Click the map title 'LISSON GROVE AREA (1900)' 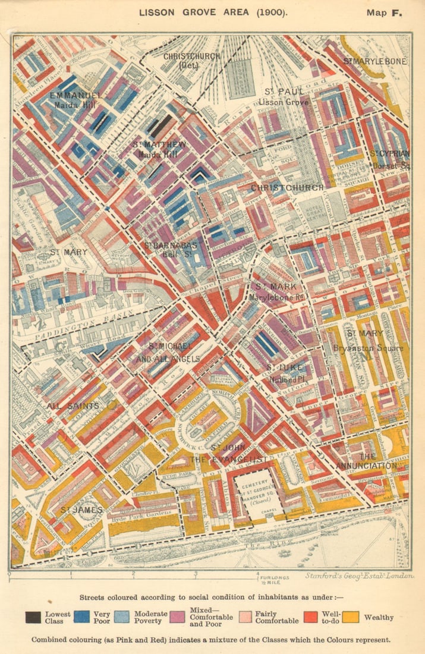point(212,12)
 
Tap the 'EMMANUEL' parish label point(75,95)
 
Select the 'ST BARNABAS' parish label point(174,245)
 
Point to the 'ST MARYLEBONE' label point(375,61)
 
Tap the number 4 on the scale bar point(258,574)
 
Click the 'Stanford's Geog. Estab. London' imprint point(360,576)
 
